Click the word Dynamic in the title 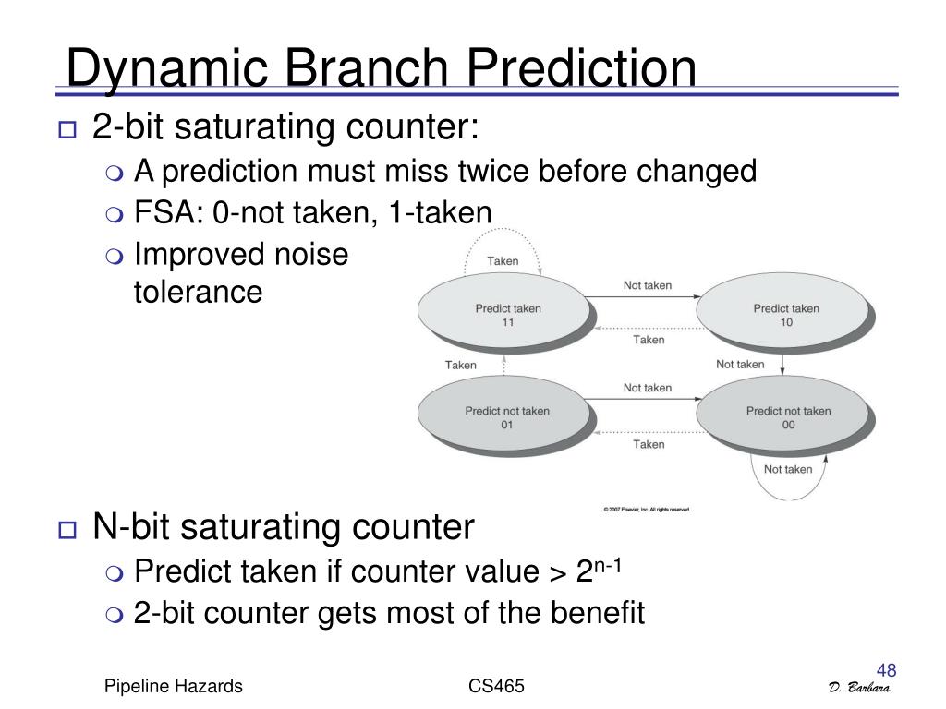pos(167,68)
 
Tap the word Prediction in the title pos(581,67)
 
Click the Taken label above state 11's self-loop pos(503,261)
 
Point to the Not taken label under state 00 pos(788,469)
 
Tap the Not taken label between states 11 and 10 pos(648,285)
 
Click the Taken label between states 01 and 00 pos(649,444)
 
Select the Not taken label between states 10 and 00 pos(740,364)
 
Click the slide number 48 pos(886,670)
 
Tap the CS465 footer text pos(496,686)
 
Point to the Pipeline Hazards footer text pos(173,686)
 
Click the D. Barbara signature pos(859,688)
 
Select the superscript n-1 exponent pos(608,566)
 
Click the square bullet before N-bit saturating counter pos(67,530)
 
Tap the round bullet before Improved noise pos(114,257)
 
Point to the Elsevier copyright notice pos(646,510)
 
